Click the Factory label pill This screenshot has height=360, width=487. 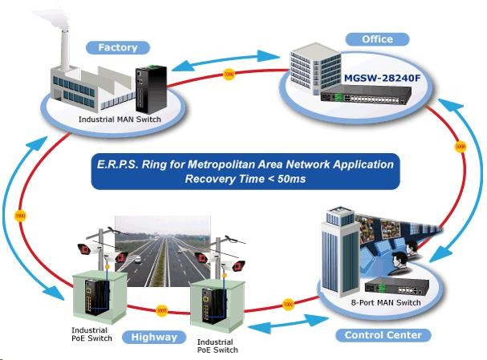tap(118, 47)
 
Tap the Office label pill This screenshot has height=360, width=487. tap(377, 38)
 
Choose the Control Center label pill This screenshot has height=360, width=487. tap(383, 334)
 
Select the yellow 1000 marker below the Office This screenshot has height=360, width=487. tap(460, 148)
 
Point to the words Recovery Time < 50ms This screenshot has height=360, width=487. tap(243, 179)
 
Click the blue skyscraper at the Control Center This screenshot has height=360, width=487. tap(335, 249)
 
